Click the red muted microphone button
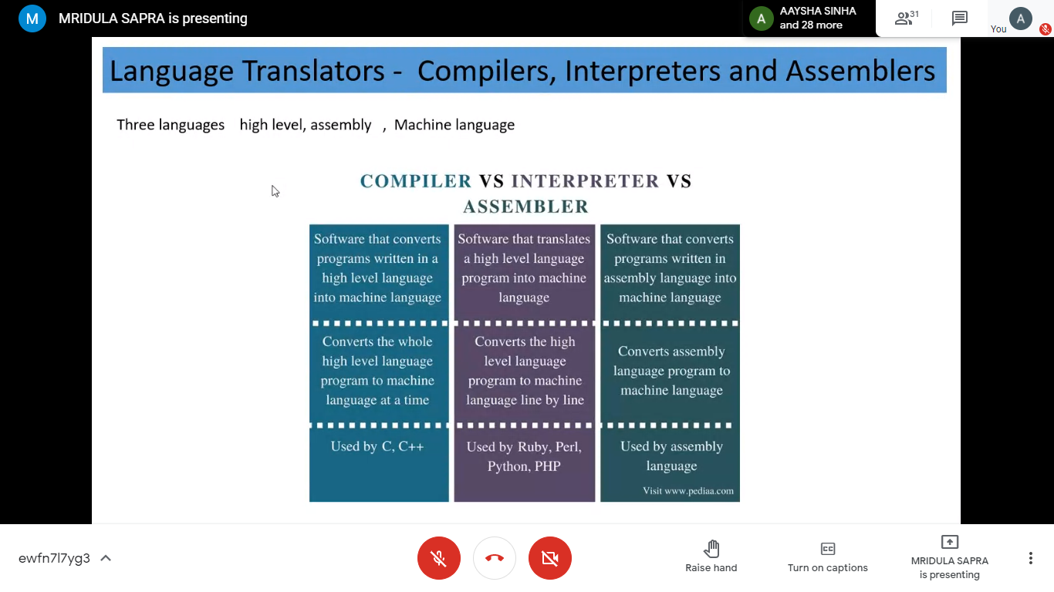438,558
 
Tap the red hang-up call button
494,558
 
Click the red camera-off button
549,558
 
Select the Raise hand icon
711,548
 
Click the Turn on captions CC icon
828,549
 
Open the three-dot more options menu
1031,558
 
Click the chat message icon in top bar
959,18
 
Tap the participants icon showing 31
907,18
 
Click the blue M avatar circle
32,18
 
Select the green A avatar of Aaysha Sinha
761,18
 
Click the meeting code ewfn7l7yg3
54,558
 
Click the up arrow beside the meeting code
106,558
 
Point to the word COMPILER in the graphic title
415,181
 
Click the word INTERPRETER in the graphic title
585,181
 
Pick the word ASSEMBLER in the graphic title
525,207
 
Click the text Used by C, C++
377,446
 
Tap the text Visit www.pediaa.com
688,491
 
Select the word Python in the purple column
507,466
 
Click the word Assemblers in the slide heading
860,71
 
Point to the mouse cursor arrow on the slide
275,191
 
